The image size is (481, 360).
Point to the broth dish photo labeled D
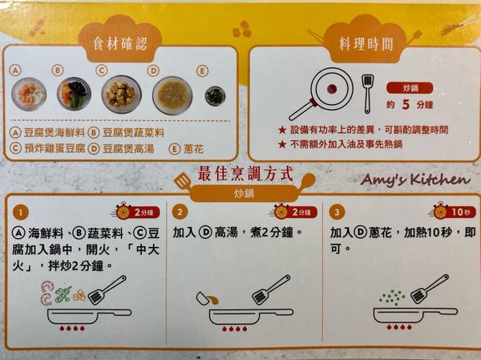point(172,94)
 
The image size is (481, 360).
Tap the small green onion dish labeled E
point(214,95)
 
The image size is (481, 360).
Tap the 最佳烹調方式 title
point(245,172)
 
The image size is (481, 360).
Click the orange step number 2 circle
point(181,212)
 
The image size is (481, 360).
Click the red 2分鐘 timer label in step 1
point(143,212)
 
